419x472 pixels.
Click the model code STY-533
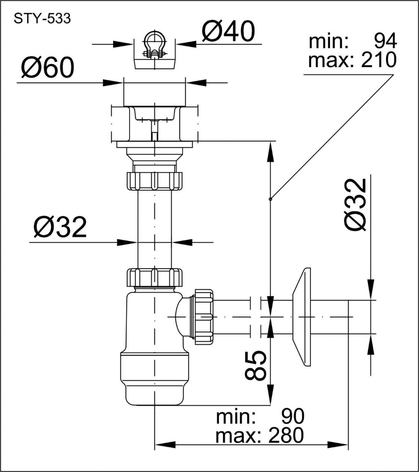[x=42, y=19]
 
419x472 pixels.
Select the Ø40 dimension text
[x=228, y=31]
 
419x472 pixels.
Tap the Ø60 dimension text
[x=48, y=67]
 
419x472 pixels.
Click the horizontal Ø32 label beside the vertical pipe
[x=60, y=226]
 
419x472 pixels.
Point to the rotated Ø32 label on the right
[x=355, y=205]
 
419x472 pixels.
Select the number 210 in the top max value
[x=379, y=60]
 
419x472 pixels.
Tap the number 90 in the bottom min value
[x=293, y=416]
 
